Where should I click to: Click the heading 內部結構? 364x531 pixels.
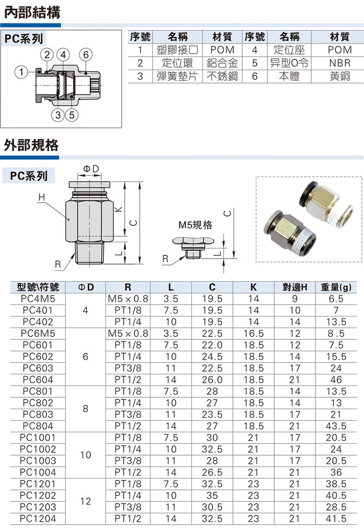[32, 12]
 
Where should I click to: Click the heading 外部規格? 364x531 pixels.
[31, 145]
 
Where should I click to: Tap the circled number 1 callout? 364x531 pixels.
[20, 73]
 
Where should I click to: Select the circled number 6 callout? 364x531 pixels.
[86, 54]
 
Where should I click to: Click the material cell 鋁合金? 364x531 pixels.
[222, 63]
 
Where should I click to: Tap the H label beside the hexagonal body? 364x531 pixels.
[41, 197]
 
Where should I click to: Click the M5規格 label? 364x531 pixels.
[195, 225]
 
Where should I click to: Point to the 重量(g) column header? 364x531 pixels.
[336, 287]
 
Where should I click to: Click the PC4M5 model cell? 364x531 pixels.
[38, 299]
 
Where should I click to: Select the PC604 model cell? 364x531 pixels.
[38, 379]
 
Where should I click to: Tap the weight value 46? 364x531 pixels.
[336, 379]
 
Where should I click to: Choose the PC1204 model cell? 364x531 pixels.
[38, 519]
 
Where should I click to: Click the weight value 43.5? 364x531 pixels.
[336, 425]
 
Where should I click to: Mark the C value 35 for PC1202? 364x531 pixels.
[212, 496]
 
